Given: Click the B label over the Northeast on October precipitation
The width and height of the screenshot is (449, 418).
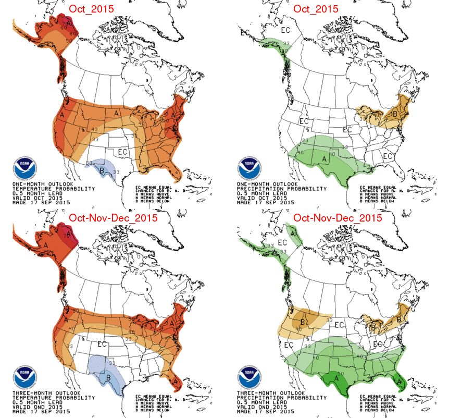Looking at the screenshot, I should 395,114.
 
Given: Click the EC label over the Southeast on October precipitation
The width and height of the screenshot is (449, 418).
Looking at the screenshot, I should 388,156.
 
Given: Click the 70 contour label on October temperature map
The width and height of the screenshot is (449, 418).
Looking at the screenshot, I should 66,24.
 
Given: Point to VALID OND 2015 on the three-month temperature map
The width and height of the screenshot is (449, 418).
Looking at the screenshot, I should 35,405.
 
